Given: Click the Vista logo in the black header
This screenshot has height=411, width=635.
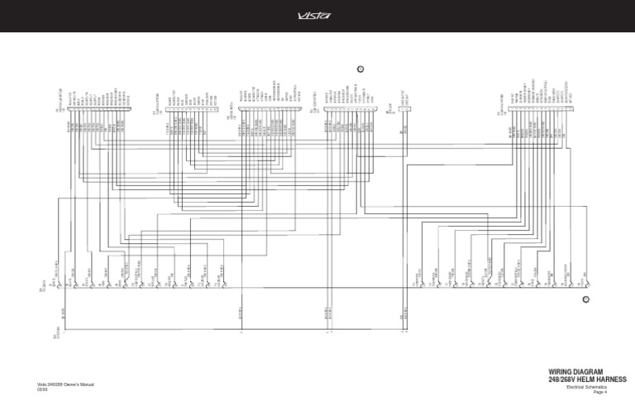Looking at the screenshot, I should [317, 15].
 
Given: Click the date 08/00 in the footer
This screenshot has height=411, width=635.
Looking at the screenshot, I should [42, 390].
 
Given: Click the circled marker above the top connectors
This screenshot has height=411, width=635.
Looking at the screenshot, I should [360, 67].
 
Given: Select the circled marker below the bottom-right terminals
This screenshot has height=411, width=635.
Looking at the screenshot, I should [585, 299].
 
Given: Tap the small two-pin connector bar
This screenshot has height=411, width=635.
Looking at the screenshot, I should [404, 117].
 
